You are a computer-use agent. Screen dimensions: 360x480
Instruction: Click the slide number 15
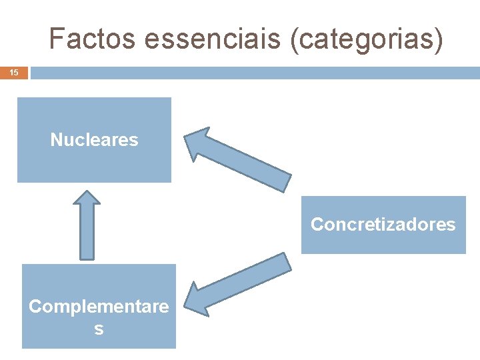[14, 72]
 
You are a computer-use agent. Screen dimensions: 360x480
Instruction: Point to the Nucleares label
[94, 140]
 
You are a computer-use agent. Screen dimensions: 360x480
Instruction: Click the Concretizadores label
[383, 225]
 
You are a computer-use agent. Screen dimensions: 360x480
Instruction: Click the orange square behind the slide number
[14, 72]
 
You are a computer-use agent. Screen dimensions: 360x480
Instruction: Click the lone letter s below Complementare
[99, 329]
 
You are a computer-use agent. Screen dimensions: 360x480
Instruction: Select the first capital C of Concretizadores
[317, 225]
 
